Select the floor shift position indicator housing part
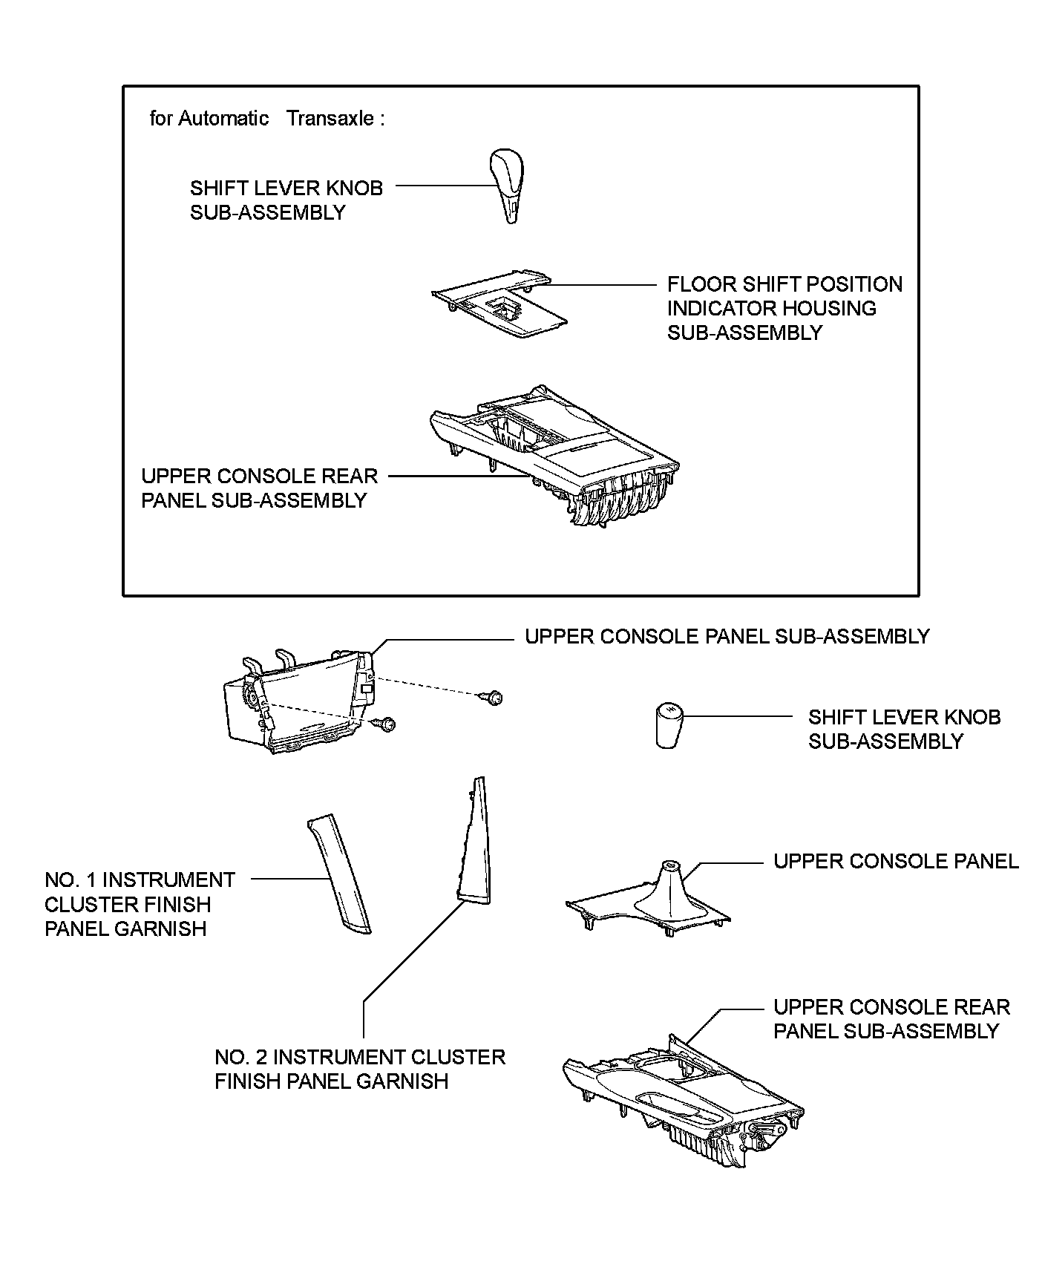pos(499,306)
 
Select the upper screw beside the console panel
pos(494,697)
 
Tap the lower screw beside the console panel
pos(387,723)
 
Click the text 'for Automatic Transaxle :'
pos(267,119)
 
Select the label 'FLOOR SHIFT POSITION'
pos(784,284)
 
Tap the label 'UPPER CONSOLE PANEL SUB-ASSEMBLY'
pos(727,637)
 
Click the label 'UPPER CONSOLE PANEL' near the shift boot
pos(896,861)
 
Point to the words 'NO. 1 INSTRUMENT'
pos(140,880)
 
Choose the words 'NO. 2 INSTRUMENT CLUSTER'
pos(360,1057)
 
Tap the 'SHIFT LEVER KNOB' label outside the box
pos(904,717)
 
